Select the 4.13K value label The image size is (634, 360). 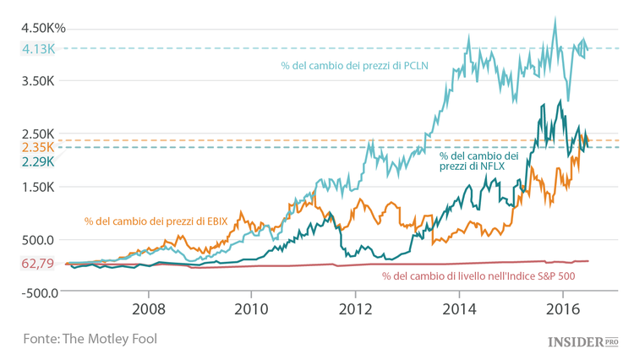click(38, 49)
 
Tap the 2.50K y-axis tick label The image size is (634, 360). click(38, 134)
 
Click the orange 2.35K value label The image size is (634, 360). click(38, 147)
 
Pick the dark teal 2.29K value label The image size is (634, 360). click(38, 161)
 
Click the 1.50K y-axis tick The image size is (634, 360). click(38, 187)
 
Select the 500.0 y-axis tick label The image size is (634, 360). click(38, 240)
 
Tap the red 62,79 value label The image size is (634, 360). click(38, 264)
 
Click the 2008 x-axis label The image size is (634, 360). click(150, 309)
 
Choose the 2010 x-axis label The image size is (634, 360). click(252, 309)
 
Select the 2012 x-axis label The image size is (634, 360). click(356, 309)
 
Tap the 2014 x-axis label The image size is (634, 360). click(459, 309)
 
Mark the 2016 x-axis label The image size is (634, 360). click(562, 309)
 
